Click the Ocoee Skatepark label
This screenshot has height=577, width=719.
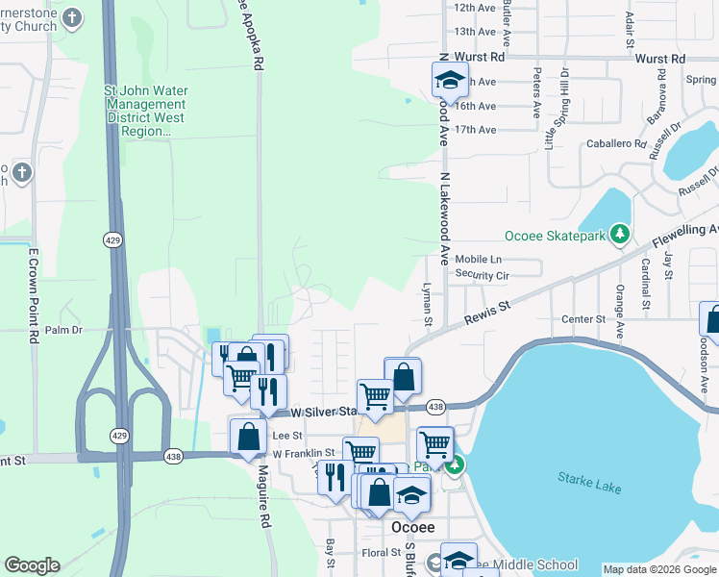point(558,236)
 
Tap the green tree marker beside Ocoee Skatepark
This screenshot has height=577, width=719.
point(620,234)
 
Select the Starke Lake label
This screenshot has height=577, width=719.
point(589,485)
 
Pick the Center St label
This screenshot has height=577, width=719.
point(583,318)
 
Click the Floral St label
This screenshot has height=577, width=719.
point(382,553)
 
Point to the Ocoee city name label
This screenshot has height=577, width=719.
point(414,527)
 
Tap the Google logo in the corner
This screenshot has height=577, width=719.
point(32,565)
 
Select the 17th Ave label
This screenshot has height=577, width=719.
point(475,130)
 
